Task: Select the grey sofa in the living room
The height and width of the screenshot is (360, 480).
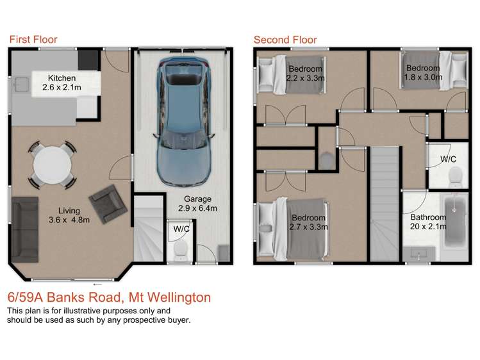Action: tap(25, 227)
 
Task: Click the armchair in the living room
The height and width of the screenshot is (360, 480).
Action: tap(104, 201)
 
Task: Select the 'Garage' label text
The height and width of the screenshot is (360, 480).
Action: tap(197, 199)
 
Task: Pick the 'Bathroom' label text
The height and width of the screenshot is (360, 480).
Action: tap(429, 217)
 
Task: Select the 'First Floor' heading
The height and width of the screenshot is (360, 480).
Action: tap(33, 40)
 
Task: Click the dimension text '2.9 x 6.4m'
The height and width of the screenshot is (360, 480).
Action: tap(197, 208)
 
